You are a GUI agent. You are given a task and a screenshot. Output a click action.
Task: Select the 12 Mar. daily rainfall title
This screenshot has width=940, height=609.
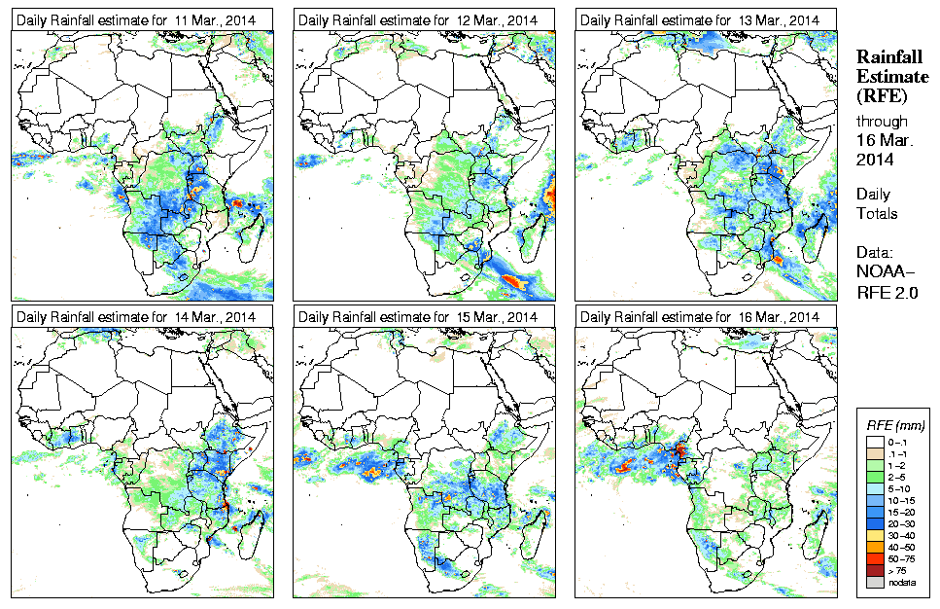pos(418,19)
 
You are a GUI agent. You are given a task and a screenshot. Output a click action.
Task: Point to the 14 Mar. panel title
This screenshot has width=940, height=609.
pos(136,317)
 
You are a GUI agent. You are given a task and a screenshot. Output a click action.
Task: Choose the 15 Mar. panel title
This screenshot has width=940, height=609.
pos(418,317)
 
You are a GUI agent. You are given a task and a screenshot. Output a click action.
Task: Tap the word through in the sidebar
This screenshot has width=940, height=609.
pos(882,122)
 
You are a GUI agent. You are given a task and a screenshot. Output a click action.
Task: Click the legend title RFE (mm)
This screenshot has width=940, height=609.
pos(895,425)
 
